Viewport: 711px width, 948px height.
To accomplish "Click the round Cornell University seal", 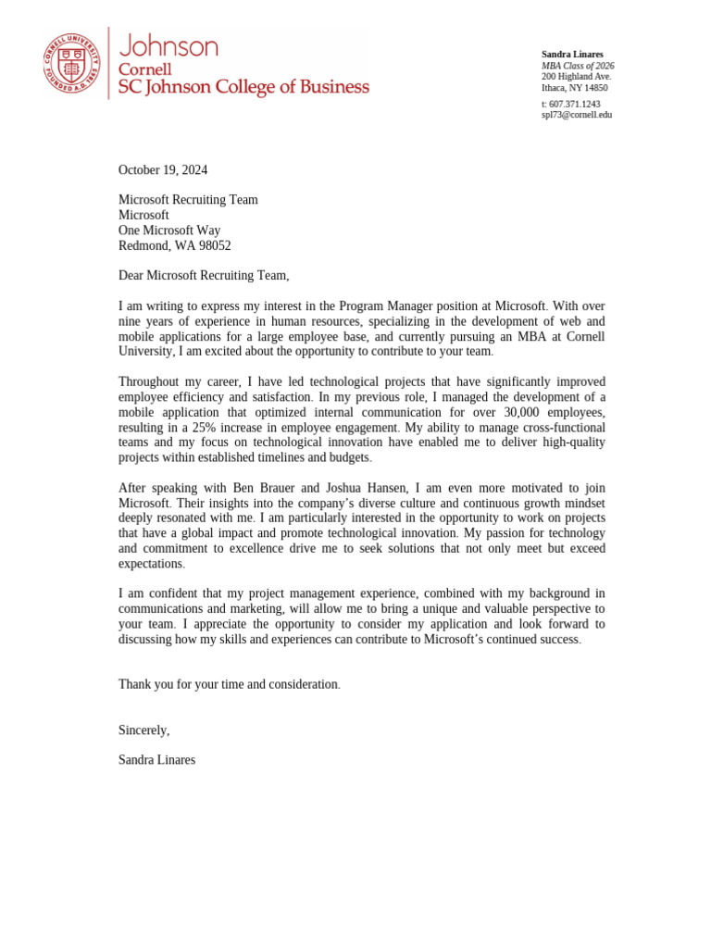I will click(x=70, y=63).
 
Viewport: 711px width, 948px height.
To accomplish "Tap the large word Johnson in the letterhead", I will click(x=168, y=46).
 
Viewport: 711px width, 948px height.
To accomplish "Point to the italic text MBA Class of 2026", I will click(x=578, y=66).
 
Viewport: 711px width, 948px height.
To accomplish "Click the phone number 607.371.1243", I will click(x=574, y=104).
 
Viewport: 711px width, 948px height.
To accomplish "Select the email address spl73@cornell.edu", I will click(x=576, y=115).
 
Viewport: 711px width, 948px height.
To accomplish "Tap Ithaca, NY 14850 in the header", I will click(x=574, y=88).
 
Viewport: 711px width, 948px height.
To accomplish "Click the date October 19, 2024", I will click(x=163, y=169).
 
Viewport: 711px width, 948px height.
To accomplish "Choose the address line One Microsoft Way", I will click(x=169, y=231).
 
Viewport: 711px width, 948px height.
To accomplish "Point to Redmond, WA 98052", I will click(x=174, y=245).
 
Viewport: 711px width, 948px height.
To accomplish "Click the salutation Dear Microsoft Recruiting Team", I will click(x=204, y=275).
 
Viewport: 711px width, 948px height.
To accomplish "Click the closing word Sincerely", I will click(x=143, y=730).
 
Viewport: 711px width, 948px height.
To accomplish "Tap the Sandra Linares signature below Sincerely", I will click(x=156, y=759).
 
